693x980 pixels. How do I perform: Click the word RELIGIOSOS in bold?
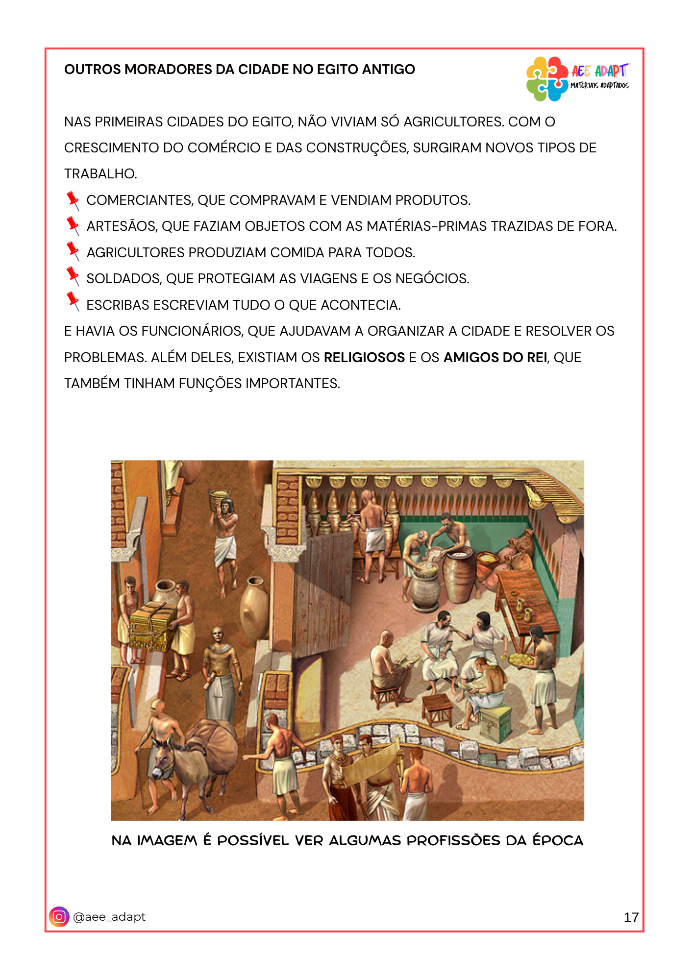(364, 358)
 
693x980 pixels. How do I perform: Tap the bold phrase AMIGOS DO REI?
(495, 358)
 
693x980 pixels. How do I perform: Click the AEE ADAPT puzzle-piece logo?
(547, 79)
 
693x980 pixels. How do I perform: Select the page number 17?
(631, 917)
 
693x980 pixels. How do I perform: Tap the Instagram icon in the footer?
(59, 917)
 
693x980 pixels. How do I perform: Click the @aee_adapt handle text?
(109, 917)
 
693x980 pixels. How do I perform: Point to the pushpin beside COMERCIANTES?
(73, 200)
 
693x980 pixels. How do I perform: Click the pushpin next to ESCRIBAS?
(73, 301)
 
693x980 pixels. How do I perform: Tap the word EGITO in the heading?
(339, 70)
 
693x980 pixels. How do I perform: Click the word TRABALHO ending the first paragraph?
(100, 174)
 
